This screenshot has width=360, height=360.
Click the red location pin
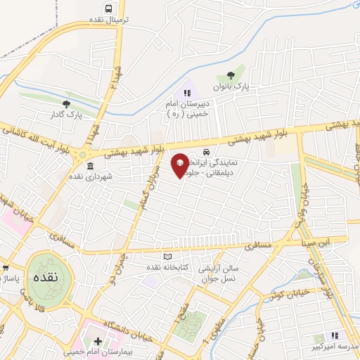point(180,165)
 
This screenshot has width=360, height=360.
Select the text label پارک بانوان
point(233,86)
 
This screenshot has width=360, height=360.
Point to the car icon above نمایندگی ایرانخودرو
point(205,152)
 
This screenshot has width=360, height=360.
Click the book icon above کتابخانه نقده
point(167,256)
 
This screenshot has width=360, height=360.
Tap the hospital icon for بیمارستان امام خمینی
point(98,342)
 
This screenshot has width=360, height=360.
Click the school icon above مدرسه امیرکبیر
point(335,335)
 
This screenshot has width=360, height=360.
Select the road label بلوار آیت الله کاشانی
point(39,139)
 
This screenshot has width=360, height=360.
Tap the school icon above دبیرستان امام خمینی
point(186,93)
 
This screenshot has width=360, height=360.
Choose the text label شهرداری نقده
point(89,177)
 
